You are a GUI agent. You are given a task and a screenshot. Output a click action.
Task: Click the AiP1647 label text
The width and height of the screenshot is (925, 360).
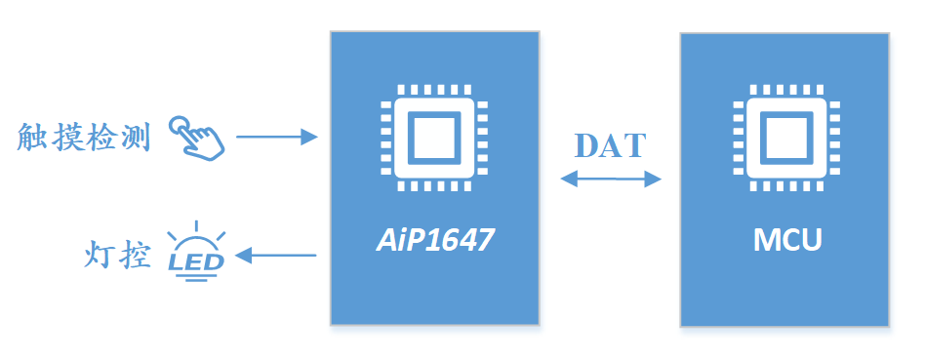(x=434, y=240)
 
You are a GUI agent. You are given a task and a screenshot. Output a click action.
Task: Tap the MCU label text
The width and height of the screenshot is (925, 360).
(x=787, y=241)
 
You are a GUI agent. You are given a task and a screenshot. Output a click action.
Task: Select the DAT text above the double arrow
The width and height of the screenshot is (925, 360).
(x=611, y=145)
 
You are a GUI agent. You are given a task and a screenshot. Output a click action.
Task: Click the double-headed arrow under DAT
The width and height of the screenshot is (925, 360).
(x=611, y=179)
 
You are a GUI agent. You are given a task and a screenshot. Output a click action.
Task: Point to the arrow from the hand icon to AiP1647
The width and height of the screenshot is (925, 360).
(x=277, y=137)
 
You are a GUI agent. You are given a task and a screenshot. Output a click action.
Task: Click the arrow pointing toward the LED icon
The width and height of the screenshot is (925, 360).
(x=276, y=256)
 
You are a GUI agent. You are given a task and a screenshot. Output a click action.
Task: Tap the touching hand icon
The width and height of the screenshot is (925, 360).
(x=197, y=137)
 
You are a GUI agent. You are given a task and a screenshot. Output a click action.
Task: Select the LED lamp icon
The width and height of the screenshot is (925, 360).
(x=196, y=252)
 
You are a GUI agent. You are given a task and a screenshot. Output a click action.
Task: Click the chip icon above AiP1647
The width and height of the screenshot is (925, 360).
(x=434, y=139)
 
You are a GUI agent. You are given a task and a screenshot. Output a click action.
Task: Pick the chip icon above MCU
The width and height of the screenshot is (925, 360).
(x=787, y=139)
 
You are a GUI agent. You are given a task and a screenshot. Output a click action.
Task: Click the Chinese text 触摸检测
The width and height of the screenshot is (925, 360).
(x=84, y=138)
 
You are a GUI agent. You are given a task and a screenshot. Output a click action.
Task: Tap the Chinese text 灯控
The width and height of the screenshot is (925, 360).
(x=117, y=256)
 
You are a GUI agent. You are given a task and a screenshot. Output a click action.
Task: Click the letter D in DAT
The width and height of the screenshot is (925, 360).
(x=587, y=146)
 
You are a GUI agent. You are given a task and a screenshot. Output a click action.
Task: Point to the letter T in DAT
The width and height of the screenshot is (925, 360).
(x=635, y=146)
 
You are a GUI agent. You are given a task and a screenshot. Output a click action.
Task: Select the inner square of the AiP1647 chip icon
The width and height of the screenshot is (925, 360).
(x=434, y=139)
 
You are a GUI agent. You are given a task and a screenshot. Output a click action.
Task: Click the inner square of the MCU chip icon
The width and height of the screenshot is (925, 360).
(x=787, y=139)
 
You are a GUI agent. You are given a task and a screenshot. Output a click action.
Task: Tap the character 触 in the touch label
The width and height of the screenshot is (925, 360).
(x=32, y=138)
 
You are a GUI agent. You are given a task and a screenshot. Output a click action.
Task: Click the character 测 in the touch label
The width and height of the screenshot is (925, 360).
(x=136, y=138)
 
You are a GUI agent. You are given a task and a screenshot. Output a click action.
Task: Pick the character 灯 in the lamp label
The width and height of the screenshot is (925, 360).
(x=100, y=256)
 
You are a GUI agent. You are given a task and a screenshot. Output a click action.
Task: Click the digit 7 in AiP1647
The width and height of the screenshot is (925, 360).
(x=483, y=240)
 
